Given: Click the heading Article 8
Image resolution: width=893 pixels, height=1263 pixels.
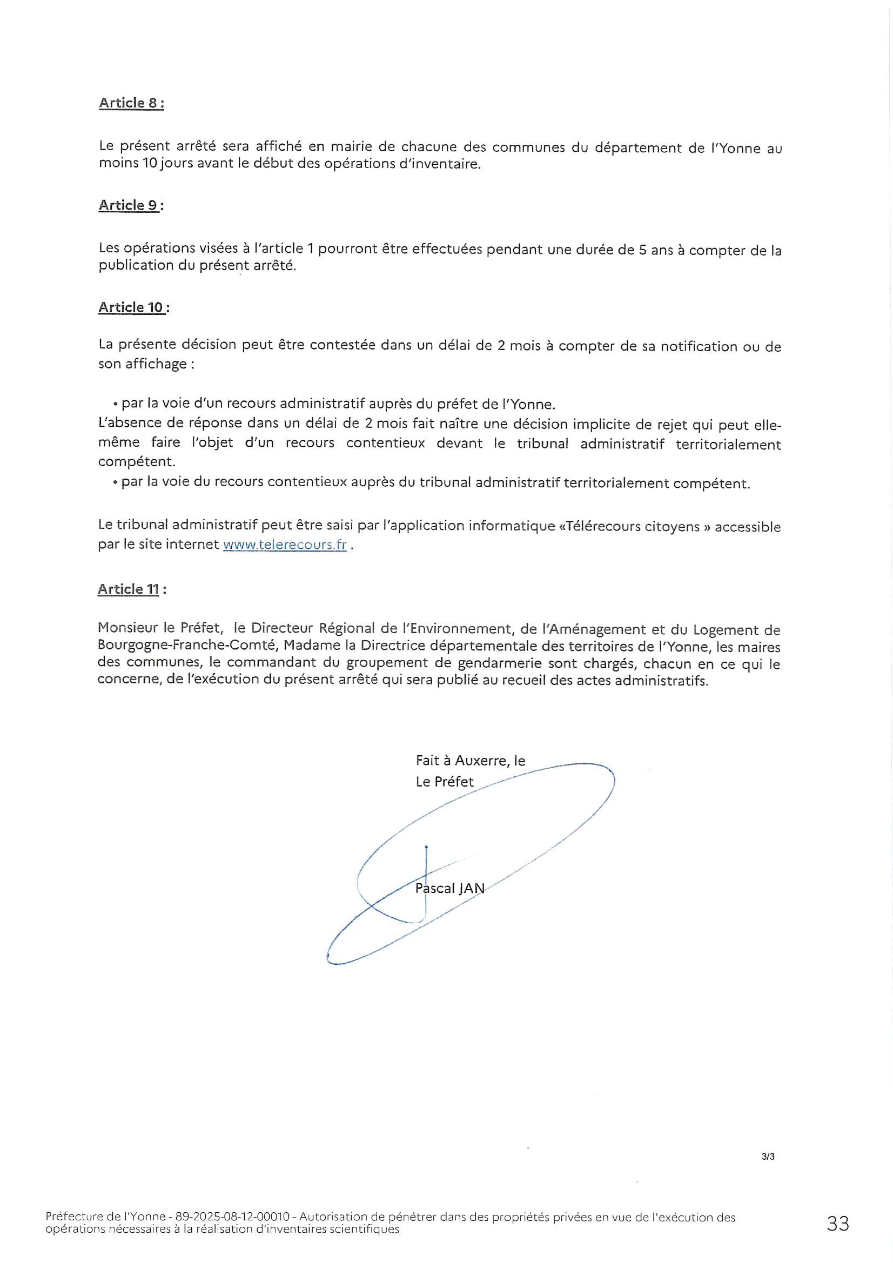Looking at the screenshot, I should tap(131, 103).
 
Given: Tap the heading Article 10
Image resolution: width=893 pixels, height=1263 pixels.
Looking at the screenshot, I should tap(132, 307).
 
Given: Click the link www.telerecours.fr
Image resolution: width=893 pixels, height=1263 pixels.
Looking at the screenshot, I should tap(285, 545).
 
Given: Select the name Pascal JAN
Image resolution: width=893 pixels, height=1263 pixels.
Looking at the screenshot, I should tap(449, 889).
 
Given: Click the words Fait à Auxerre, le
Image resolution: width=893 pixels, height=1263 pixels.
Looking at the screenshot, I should tap(470, 761).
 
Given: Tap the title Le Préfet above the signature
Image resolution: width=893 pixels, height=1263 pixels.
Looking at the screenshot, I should tap(444, 782).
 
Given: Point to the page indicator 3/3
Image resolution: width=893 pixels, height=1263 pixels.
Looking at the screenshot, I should tap(768, 1157).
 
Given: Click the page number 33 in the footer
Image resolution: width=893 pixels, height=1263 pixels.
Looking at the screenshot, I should tap(837, 1224).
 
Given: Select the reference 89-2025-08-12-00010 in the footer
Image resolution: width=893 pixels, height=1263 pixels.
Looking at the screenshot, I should tap(232, 1217).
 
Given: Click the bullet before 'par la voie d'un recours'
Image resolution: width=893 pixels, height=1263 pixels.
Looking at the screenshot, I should tap(116, 405).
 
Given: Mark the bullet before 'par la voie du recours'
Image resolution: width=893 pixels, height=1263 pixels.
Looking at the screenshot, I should tap(116, 483).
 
